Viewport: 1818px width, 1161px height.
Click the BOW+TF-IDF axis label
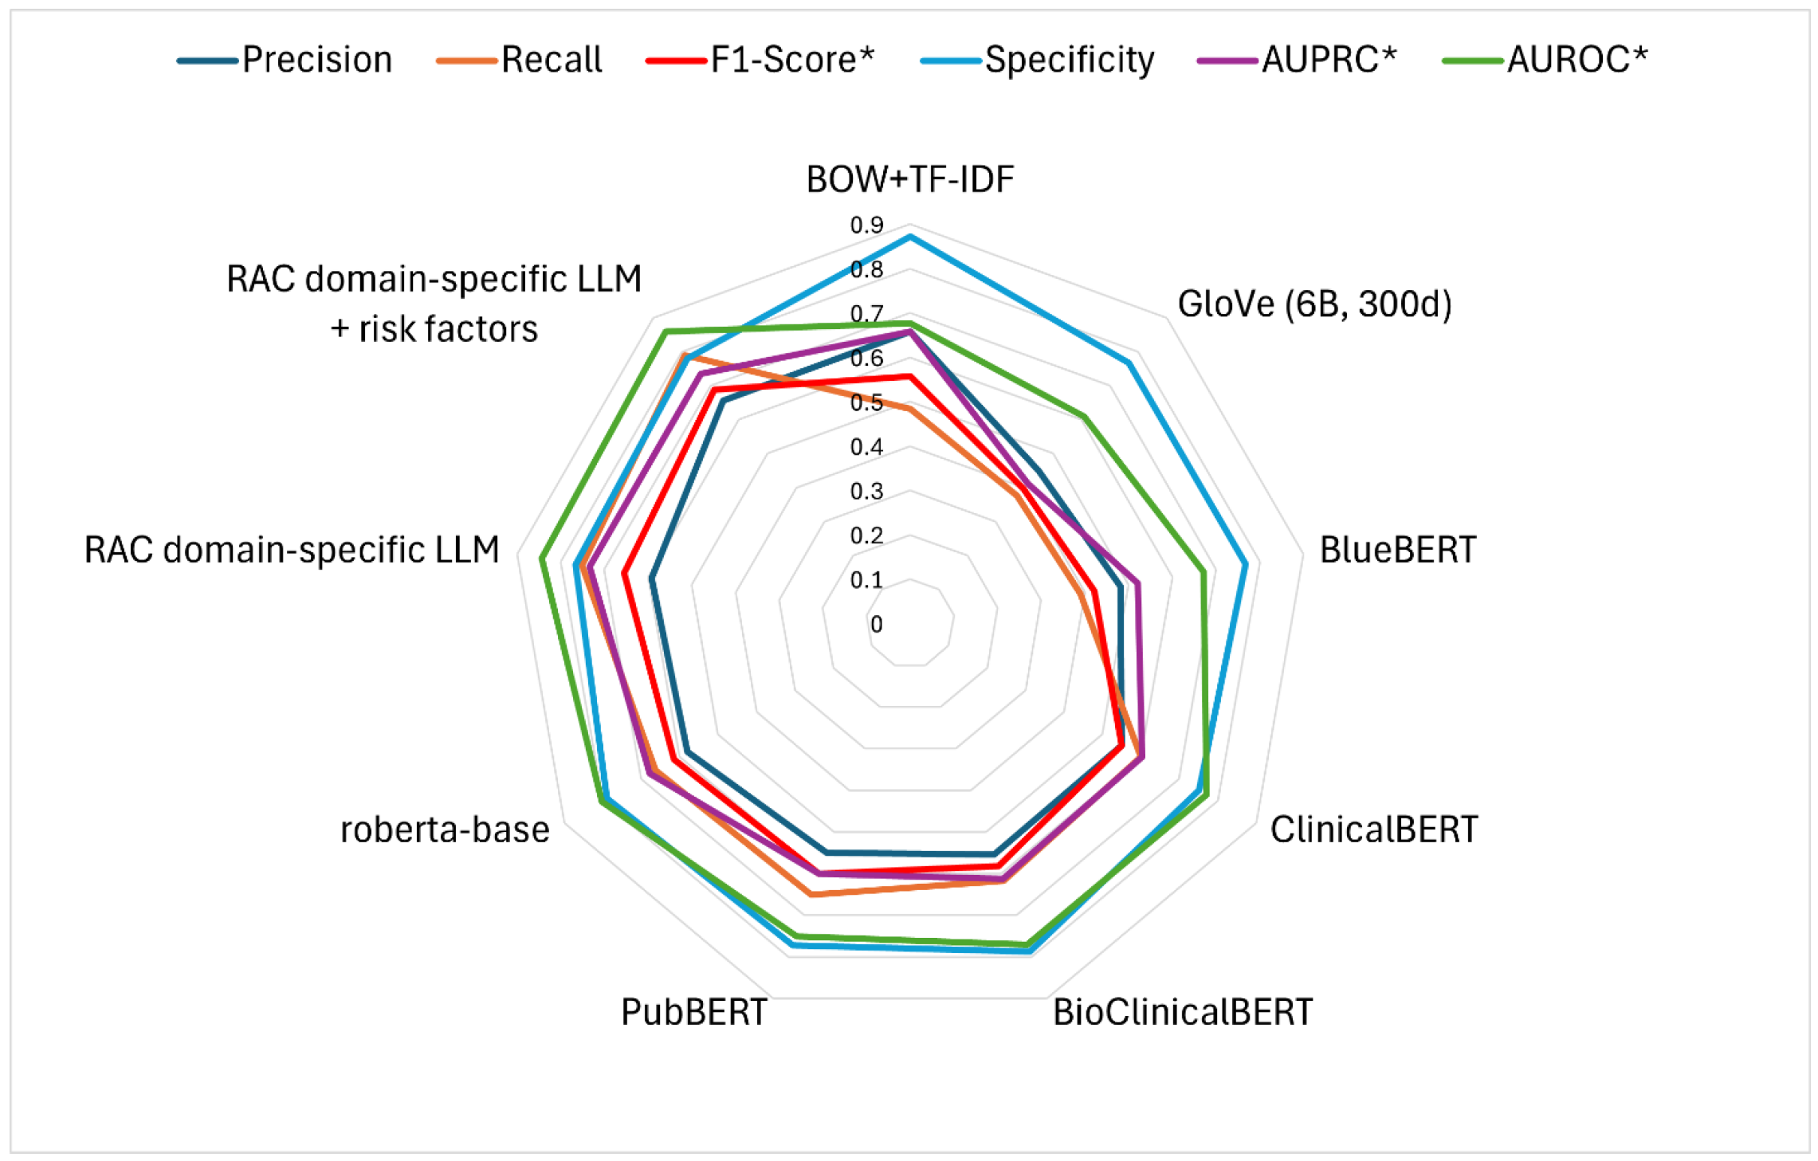[909, 179]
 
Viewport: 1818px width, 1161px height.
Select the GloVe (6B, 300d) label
[1314, 304]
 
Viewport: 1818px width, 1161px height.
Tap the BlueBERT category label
[1397, 550]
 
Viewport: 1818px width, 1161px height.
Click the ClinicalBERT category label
[1373, 830]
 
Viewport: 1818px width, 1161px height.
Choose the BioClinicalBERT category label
[1182, 1013]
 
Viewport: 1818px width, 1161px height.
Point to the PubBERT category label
[693, 1013]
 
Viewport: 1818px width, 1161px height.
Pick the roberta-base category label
[445, 830]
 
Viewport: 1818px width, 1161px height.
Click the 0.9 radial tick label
[866, 226]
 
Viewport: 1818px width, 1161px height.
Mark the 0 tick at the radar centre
[877, 625]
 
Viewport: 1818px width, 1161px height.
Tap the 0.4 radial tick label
[866, 447]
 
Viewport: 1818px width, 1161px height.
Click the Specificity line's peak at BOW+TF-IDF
[910, 237]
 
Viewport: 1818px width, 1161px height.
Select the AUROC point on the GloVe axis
[1084, 416]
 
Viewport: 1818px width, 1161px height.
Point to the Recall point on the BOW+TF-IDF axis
[909, 408]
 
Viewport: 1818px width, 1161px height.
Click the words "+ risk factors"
[434, 329]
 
